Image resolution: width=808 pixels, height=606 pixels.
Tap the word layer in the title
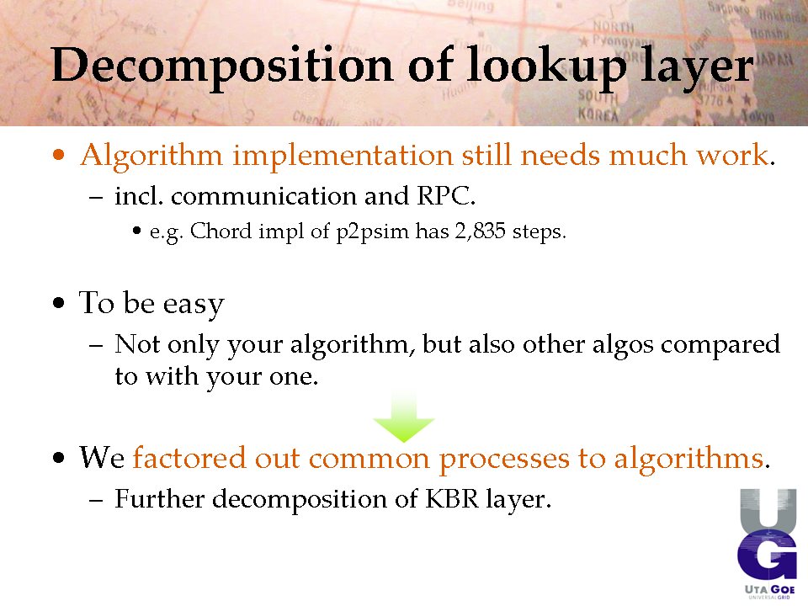(697, 67)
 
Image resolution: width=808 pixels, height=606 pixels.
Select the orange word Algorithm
(151, 157)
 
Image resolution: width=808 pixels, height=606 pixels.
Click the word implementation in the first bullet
(343, 155)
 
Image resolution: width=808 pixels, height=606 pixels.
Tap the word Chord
(221, 231)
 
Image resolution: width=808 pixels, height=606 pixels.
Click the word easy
(194, 304)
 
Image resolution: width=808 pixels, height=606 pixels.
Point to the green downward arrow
(404, 416)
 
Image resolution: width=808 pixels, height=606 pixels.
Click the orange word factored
(189, 458)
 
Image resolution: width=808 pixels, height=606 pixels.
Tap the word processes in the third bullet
(504, 460)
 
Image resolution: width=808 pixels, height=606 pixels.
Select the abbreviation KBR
(452, 499)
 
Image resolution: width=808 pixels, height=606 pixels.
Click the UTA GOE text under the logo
(770, 589)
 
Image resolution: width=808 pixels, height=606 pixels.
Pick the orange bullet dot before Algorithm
(59, 155)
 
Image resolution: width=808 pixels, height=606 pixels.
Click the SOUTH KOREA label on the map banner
(598, 104)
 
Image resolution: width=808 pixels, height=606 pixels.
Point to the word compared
(720, 345)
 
